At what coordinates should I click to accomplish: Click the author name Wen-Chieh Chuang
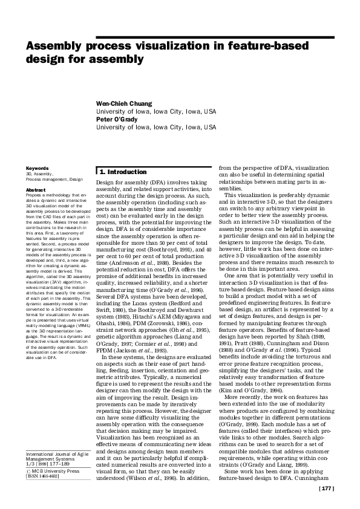coord(126,103)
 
